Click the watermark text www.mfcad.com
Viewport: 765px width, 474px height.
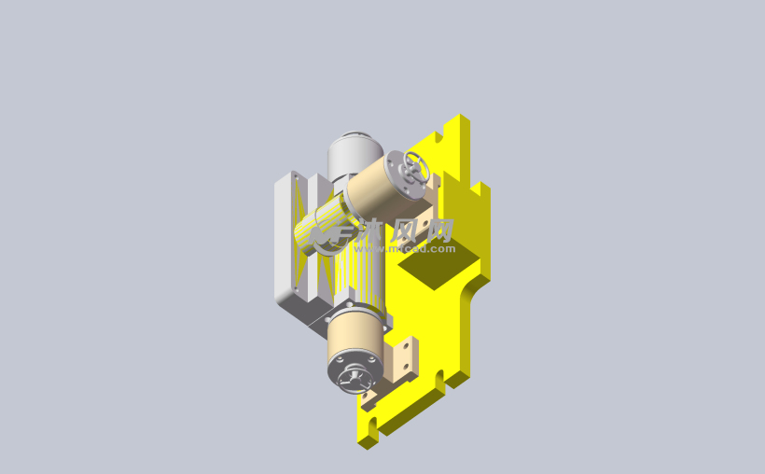point(417,249)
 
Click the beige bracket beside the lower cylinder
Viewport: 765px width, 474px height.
point(405,359)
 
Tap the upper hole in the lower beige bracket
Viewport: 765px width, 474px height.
point(407,350)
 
